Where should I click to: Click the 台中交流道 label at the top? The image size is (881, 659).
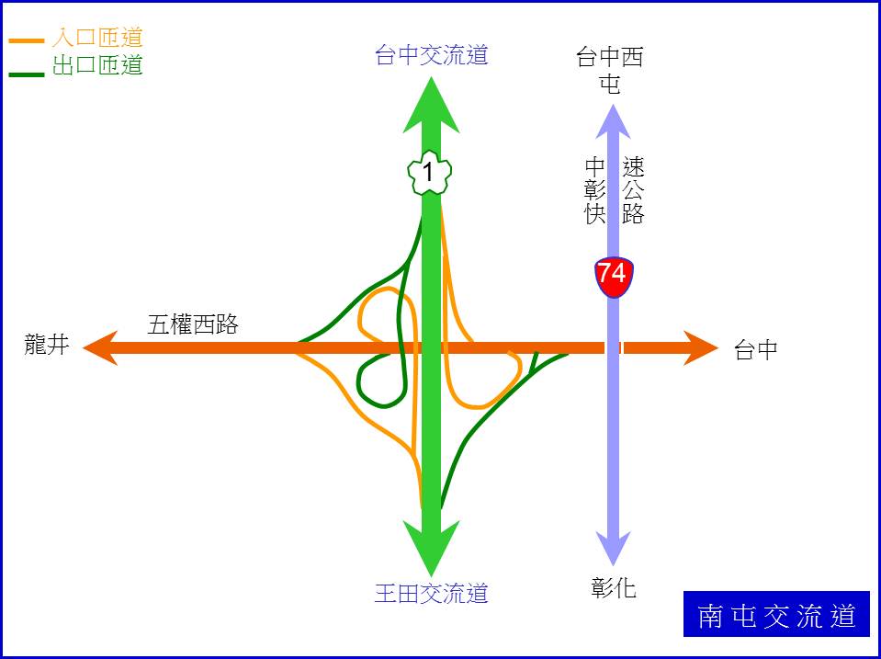[431, 55]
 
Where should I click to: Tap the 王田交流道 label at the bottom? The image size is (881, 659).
[431, 593]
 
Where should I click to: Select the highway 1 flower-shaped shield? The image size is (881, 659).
[428, 172]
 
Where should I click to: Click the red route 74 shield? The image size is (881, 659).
[612, 275]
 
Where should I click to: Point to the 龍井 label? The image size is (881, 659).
[47, 346]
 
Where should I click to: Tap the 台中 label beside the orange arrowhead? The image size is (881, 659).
[756, 349]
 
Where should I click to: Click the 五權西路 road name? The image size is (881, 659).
[193, 324]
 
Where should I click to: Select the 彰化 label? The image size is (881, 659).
[614, 587]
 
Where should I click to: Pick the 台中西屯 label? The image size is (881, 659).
[610, 71]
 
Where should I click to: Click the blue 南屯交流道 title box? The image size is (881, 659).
[776, 615]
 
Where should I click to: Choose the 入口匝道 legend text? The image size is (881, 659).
[97, 39]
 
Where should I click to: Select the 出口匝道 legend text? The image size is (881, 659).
[97, 65]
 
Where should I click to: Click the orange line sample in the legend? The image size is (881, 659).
[27, 41]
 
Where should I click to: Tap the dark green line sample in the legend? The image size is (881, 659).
[27, 73]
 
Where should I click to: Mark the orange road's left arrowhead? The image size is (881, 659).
[101, 348]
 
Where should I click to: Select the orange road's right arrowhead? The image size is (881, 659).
[699, 348]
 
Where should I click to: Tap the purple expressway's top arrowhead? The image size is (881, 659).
[612, 120]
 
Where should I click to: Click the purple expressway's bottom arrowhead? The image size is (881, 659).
[612, 549]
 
